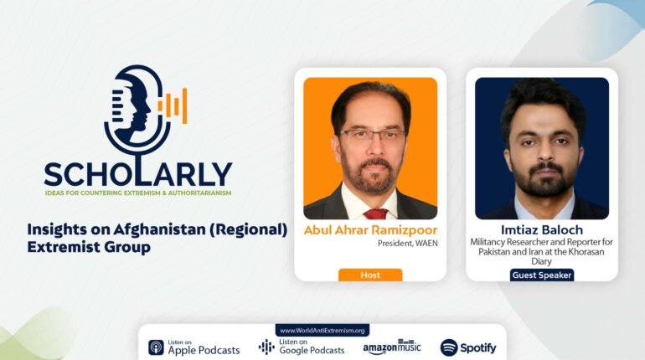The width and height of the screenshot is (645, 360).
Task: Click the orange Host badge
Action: pyautogui.click(x=370, y=275)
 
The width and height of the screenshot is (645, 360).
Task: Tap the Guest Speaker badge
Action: pyautogui.click(x=542, y=275)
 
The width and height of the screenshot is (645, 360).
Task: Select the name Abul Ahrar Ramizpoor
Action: pyautogui.click(x=370, y=230)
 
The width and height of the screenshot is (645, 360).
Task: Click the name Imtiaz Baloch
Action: pyautogui.click(x=542, y=229)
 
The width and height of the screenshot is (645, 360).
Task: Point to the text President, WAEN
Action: pyautogui.click(x=408, y=244)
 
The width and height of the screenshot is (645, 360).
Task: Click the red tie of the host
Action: pyautogui.click(x=374, y=213)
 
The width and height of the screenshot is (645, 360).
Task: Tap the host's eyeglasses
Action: pyautogui.click(x=372, y=135)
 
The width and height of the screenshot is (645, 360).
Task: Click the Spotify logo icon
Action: pyautogui.click(x=449, y=347)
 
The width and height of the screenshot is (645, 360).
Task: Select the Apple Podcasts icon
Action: pyautogui.click(x=157, y=347)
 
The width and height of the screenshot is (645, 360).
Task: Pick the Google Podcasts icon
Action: pyautogui.click(x=266, y=347)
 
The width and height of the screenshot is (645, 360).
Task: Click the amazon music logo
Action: pyautogui.click(x=392, y=347)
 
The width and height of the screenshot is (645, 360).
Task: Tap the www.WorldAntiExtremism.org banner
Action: pyautogui.click(x=322, y=331)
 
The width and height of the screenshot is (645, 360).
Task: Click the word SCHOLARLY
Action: pyautogui.click(x=138, y=174)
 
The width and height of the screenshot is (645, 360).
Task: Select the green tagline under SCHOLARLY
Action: pyautogui.click(x=138, y=193)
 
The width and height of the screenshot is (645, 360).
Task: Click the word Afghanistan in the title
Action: pyautogui.click(x=160, y=229)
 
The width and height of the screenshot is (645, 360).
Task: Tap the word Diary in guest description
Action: pyautogui.click(x=541, y=261)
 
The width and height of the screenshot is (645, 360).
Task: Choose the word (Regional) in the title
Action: pyautogui.click(x=249, y=229)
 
